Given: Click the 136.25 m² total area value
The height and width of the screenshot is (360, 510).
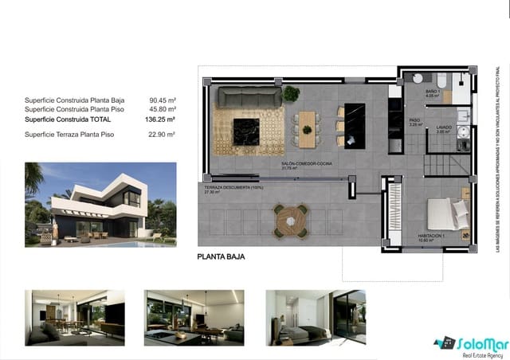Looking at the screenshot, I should [162, 119].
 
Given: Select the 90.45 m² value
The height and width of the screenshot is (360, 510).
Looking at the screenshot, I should [163, 100].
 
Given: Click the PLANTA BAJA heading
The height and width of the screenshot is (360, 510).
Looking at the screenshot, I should [221, 257].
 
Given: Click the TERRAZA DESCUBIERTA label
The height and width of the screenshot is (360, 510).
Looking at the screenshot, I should [233, 187].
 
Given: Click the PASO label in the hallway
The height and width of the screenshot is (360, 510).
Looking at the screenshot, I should [414, 120].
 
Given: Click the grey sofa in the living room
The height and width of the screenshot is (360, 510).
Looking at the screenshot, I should [249, 98].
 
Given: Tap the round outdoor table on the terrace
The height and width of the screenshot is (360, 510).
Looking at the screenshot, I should [291, 219].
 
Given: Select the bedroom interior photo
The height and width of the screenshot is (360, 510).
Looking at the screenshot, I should [315, 317].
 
